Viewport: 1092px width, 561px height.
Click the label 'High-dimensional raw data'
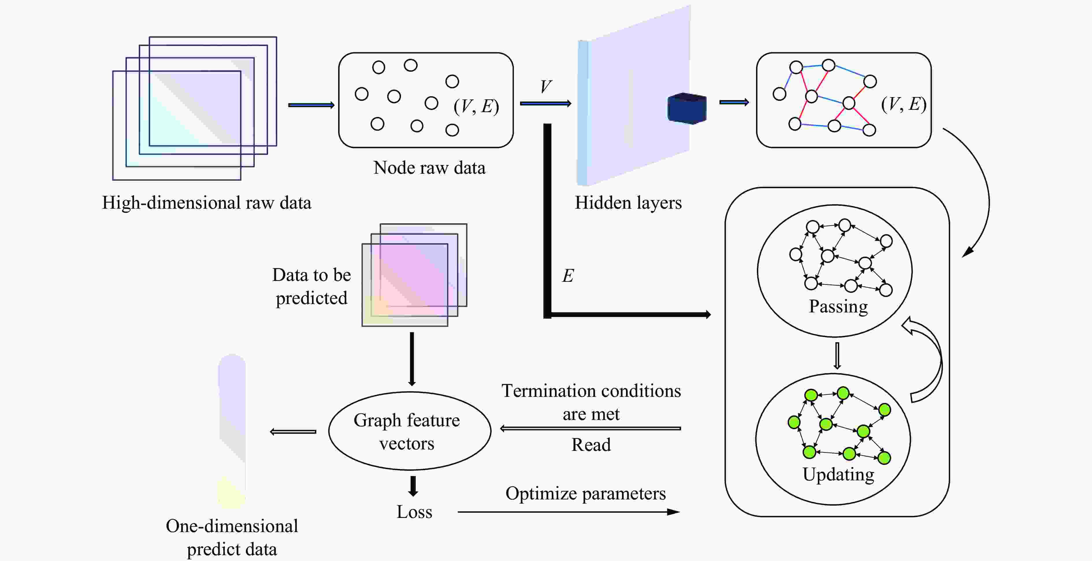(x=207, y=203)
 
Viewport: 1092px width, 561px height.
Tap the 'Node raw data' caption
(x=429, y=168)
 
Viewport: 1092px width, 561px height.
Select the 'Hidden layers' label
(x=628, y=203)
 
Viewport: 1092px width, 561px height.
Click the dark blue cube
(x=687, y=109)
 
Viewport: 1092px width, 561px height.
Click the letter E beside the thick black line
(x=568, y=276)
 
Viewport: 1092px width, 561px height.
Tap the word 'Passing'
(x=838, y=306)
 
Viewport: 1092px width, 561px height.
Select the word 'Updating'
(x=838, y=474)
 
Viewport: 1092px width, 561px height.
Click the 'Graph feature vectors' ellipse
(x=410, y=431)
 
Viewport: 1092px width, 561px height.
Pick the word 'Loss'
(x=414, y=512)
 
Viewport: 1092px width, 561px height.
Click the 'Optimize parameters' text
(x=585, y=494)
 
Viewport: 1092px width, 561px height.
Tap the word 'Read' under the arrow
(x=591, y=445)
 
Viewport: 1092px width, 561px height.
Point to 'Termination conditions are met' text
(x=591, y=402)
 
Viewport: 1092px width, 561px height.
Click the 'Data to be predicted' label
(x=312, y=287)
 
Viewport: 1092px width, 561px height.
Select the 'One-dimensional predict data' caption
(x=232, y=537)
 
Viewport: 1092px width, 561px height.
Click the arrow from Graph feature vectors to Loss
(x=413, y=486)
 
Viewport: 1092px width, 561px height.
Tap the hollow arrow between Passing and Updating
(x=837, y=355)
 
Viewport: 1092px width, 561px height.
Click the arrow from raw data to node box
(x=311, y=105)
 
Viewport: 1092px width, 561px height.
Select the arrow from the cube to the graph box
(x=734, y=102)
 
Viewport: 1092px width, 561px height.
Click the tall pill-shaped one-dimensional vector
(x=232, y=430)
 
